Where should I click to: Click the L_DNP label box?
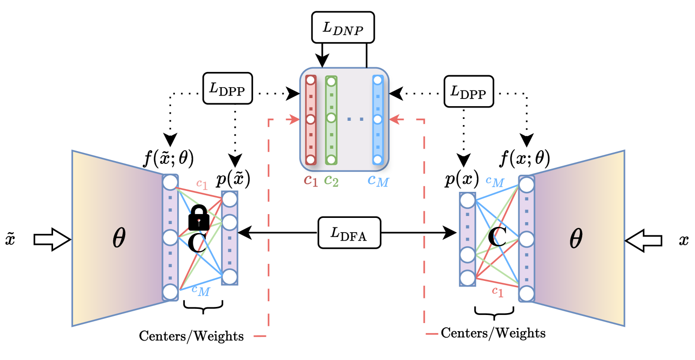pos(343,27)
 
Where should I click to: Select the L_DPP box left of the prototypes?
pos(227,88)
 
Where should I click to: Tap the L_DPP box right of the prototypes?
pos(469,91)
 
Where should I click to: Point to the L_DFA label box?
pos(349,233)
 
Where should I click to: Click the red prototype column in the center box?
pos(310,120)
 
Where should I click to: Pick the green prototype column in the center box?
pos(331,120)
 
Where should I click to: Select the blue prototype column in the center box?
pos(378,120)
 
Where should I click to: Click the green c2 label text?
pos(332,180)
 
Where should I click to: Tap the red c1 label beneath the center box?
pos(311,180)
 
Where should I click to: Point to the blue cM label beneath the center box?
pos(378,180)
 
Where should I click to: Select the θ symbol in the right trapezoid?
pos(576,239)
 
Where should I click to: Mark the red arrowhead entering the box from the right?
pos(393,120)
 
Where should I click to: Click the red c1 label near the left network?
pos(202,185)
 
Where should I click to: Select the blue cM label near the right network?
pos(495,181)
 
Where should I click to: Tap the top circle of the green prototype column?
pos(331,81)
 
